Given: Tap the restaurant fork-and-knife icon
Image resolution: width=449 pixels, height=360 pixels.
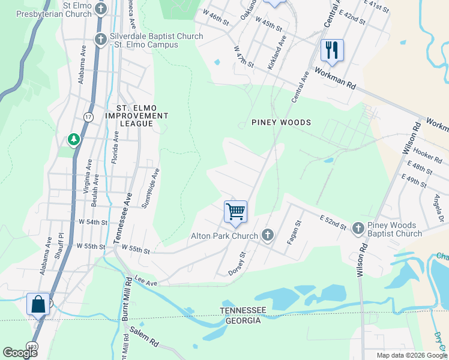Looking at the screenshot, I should point(332,50).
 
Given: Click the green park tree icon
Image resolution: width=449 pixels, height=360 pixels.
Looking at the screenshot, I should point(74,140).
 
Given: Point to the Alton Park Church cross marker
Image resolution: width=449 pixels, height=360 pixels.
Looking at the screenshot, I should point(268,236).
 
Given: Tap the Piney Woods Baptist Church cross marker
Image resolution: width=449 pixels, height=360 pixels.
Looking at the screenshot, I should point(358,228).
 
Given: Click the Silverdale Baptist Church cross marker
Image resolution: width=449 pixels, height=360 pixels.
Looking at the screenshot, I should point(101,40).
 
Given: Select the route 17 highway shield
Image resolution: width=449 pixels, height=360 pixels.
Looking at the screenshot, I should point(88,118).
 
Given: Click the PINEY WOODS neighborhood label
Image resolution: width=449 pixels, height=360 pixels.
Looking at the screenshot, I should point(282,122).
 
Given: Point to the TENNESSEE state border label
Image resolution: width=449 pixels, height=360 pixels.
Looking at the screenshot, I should point(243,310).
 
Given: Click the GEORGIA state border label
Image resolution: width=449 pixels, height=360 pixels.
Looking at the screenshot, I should point(243,320).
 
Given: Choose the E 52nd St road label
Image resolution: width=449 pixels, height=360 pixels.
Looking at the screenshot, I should point(333,222).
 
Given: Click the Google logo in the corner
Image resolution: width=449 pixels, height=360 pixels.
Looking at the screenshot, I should point(20,352).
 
